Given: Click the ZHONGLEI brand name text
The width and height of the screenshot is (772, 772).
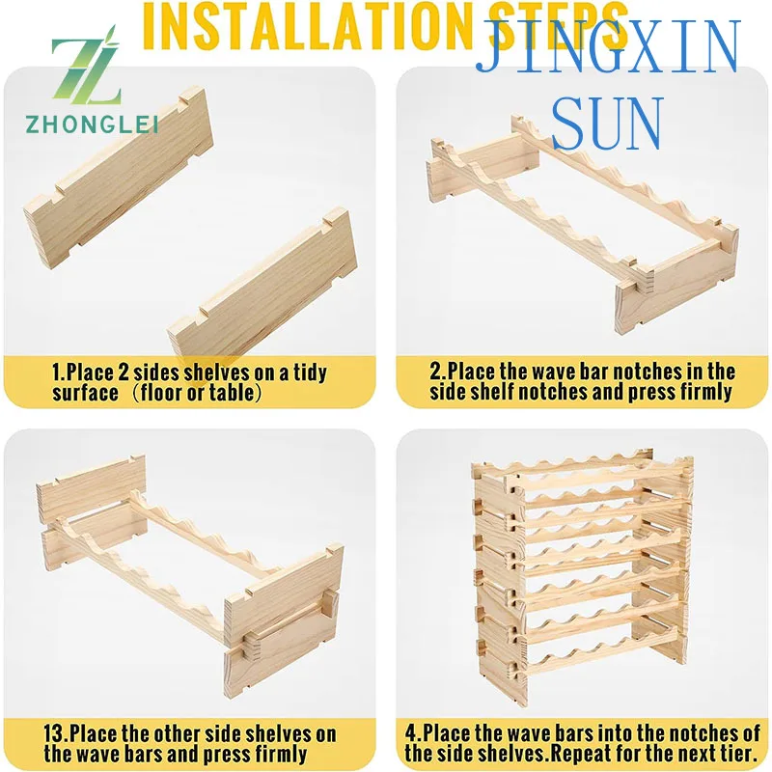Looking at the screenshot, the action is point(92,124).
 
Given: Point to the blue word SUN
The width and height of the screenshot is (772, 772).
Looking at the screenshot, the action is point(608,124).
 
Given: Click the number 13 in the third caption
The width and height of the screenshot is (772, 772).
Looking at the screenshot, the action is point(54,733).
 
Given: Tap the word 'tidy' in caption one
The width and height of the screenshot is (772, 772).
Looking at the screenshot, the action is point(310,372).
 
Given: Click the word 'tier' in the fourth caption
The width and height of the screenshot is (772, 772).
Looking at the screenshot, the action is point(732,754).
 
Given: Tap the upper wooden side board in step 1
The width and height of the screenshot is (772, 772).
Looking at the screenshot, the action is point(119,178).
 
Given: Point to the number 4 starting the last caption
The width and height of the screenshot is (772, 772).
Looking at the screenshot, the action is point(411,732).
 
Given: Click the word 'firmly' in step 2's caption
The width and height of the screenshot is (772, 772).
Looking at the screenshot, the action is point(705,393).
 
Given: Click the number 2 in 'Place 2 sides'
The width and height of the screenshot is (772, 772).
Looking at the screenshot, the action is point(124,372).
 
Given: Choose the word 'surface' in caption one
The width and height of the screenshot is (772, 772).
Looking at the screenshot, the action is point(86,393).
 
